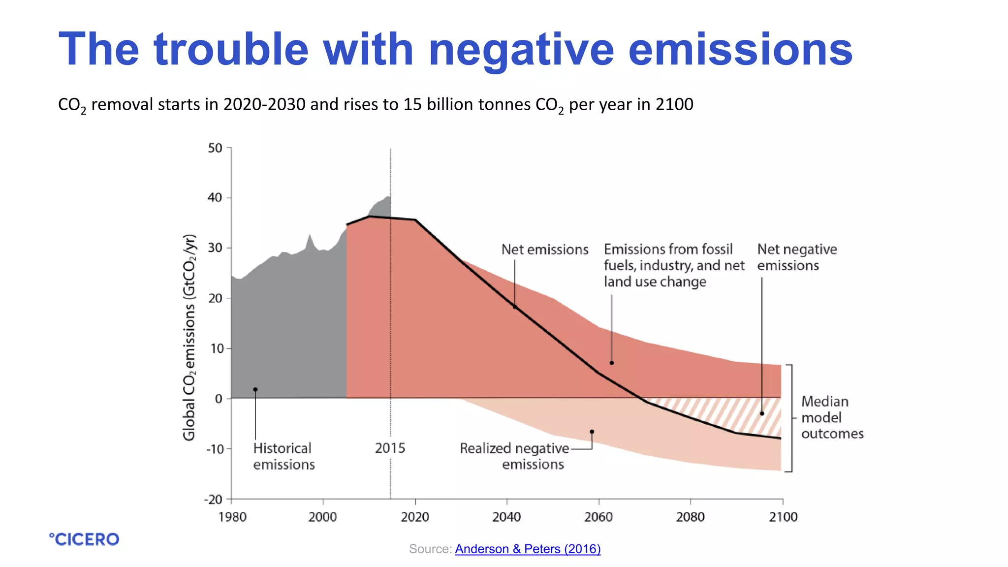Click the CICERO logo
click(84, 539)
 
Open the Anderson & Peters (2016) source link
click(528, 549)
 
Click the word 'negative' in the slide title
click(521, 50)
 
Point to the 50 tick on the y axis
click(215, 148)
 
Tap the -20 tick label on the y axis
click(214, 500)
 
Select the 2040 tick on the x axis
click(506, 516)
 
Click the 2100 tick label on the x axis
click(783, 516)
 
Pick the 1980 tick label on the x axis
click(232, 516)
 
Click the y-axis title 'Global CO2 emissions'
click(189, 338)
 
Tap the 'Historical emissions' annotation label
click(283, 456)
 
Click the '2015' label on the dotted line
click(390, 448)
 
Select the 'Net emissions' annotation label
click(544, 250)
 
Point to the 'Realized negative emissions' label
click(514, 456)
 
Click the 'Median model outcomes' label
click(832, 417)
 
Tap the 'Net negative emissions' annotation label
click(796, 257)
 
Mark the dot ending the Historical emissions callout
click(255, 390)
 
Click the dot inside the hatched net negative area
click(762, 413)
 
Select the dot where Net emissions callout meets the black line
click(515, 307)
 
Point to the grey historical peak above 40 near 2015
click(388, 197)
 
